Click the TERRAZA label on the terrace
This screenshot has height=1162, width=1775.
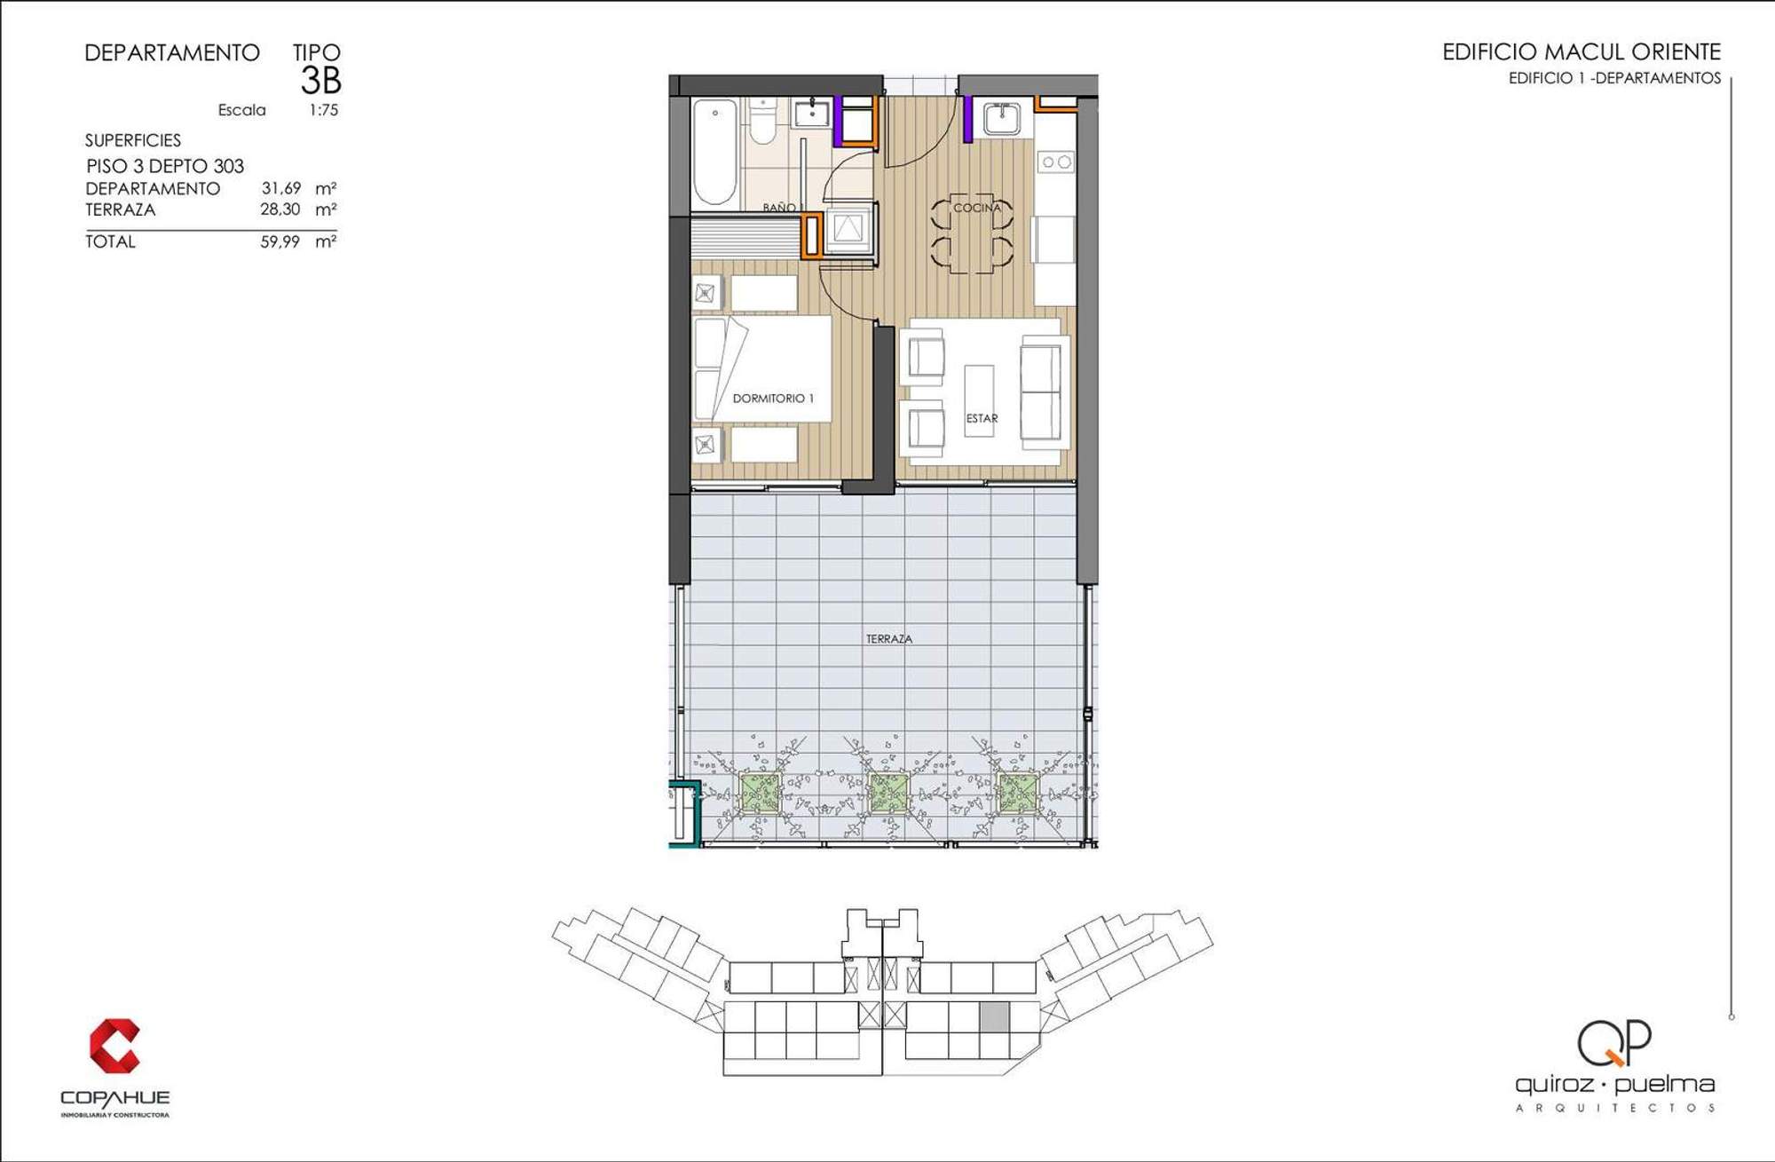click(888, 638)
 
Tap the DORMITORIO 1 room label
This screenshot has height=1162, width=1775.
click(772, 399)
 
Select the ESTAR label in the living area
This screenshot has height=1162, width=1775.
click(982, 418)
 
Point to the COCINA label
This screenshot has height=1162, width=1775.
click(976, 208)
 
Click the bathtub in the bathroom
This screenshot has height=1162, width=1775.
click(714, 152)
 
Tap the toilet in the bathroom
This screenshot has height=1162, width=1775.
click(762, 122)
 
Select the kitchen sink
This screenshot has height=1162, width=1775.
click(1002, 118)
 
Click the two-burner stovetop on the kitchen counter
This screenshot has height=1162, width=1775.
click(1056, 162)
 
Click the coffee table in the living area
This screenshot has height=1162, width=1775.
click(980, 400)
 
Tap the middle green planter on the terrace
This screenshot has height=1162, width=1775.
click(887, 793)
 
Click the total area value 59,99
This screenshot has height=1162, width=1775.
click(280, 241)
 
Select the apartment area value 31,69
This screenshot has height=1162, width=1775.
click(280, 188)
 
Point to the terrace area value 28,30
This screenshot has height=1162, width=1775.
click(280, 209)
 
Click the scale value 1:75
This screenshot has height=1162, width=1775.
click(324, 110)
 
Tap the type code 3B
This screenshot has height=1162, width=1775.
click(320, 81)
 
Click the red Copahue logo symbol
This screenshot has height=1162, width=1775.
click(114, 1046)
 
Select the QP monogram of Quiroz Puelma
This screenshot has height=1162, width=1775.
click(1614, 1042)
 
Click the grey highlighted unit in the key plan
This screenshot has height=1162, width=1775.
click(994, 1016)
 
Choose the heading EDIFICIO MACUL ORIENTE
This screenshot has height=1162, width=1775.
click(1582, 52)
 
